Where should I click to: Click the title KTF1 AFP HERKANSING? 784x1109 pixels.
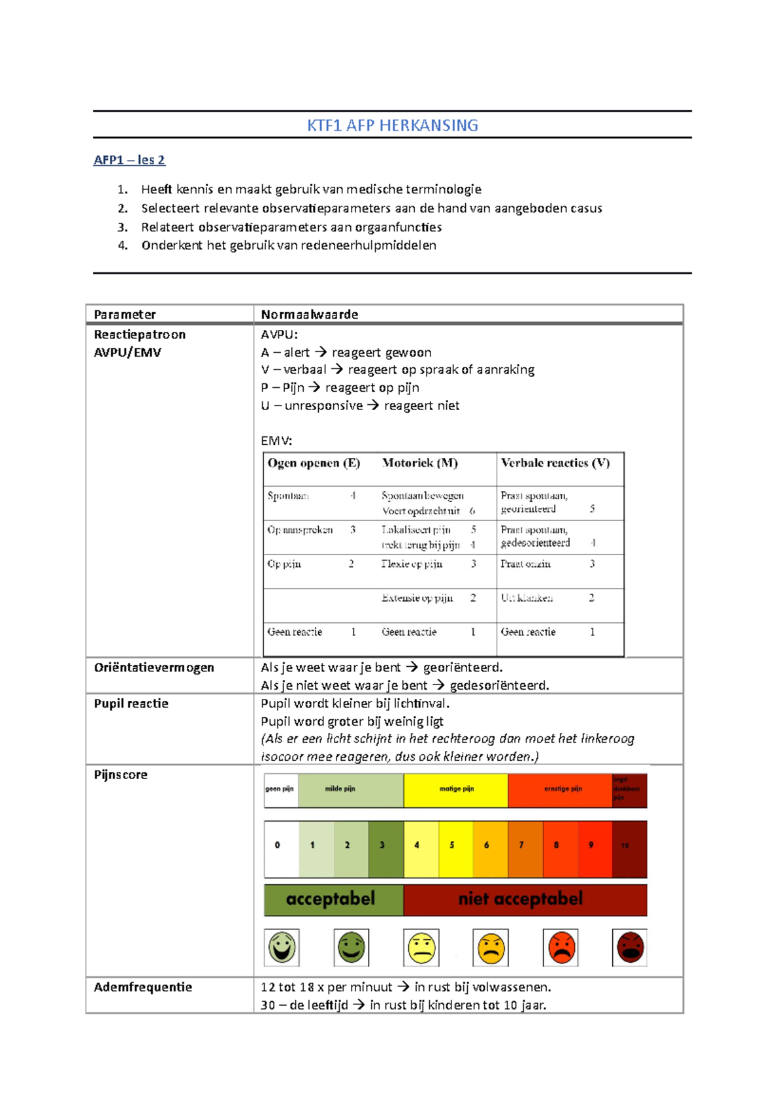393,125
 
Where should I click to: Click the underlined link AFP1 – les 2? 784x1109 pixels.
129,160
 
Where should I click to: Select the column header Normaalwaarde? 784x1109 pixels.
309,315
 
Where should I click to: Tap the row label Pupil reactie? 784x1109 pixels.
131,703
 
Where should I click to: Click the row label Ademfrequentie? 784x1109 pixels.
142,987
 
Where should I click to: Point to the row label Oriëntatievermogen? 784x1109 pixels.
154,667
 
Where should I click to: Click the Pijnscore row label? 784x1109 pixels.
120,775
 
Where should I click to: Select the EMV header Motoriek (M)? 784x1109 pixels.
419,463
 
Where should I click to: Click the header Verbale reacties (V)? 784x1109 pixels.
555,463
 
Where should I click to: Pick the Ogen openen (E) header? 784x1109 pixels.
314,463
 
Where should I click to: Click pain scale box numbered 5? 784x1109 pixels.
451,845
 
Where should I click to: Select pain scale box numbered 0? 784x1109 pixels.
278,845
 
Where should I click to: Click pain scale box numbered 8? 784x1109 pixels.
557,845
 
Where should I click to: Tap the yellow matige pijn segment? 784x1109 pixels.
456,790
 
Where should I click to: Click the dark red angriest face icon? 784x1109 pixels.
630,948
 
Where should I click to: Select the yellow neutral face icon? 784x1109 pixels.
421,948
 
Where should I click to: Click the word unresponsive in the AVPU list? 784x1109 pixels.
323,406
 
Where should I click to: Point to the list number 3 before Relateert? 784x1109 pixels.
122,227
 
